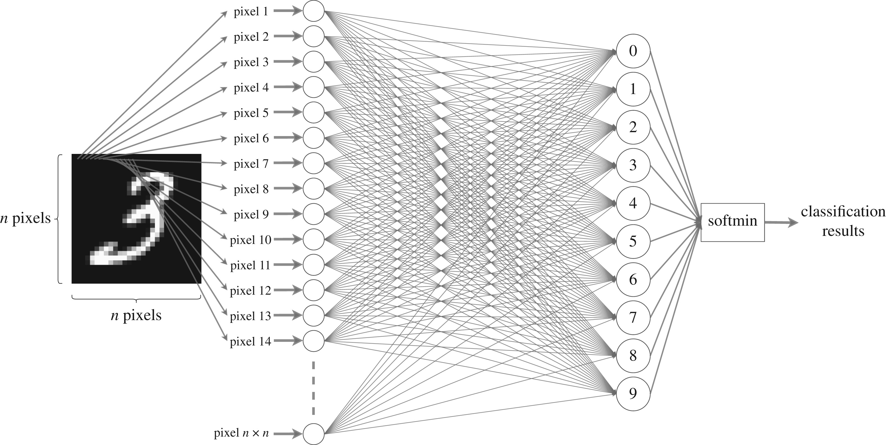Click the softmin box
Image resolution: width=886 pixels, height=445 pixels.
(733, 222)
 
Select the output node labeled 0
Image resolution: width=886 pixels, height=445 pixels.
(633, 51)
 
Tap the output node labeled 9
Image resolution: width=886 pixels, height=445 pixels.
(633, 393)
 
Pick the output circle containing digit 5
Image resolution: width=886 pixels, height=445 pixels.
(633, 241)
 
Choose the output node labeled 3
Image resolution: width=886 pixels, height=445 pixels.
(633, 165)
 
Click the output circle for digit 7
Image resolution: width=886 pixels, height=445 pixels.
(633, 317)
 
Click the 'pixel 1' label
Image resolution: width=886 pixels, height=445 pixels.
(251, 12)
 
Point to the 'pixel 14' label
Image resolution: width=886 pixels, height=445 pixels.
(250, 342)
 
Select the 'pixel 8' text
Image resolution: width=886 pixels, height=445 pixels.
(251, 189)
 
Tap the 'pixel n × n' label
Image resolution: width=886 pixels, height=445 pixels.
(241, 433)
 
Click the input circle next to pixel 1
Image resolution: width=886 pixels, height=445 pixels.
(313, 11)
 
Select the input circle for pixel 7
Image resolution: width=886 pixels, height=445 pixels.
(313, 163)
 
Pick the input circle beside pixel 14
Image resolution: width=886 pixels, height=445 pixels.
(313, 341)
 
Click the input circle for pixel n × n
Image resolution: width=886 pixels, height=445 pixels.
(313, 434)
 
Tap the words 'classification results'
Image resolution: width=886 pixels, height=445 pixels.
(843, 221)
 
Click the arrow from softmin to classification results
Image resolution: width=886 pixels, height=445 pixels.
(781, 223)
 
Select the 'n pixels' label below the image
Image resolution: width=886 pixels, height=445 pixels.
(136, 315)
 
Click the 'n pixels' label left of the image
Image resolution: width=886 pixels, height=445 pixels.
(25, 218)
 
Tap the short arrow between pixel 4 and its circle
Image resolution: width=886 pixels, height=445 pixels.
(288, 87)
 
